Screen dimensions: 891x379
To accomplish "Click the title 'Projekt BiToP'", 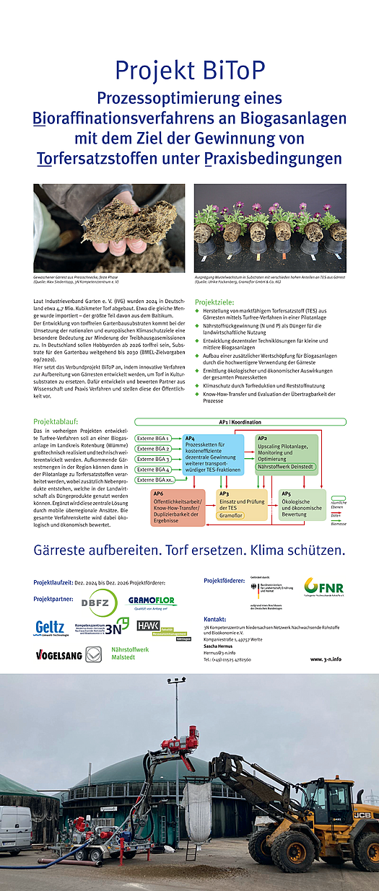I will pos(189,71).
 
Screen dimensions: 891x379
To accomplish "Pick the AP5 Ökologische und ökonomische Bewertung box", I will pos(302,503).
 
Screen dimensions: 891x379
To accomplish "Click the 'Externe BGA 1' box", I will pos(153,438).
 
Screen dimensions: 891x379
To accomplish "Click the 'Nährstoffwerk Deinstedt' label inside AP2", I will pos(287,468).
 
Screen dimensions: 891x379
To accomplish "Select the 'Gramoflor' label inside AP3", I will pos(231,517).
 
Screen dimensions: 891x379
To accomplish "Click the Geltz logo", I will pos(51,628).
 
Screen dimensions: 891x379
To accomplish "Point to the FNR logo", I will pos(323,587).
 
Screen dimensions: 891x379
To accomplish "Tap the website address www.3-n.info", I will pos(326,659).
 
